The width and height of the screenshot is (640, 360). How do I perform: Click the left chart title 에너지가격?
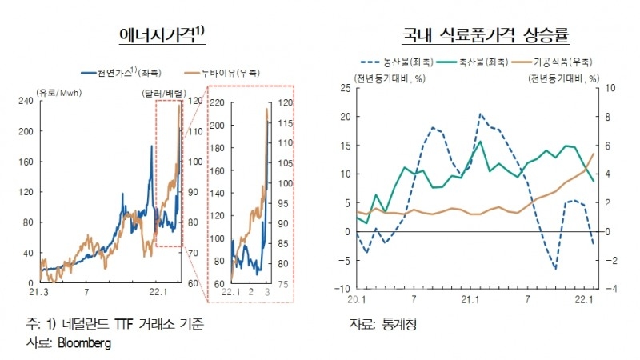tap(156, 35)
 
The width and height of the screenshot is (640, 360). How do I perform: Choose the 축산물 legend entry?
tap(466, 61)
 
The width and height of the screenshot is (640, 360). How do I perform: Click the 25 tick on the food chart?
tap(345, 88)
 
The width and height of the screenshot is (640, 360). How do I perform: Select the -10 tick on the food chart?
tap(342, 289)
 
